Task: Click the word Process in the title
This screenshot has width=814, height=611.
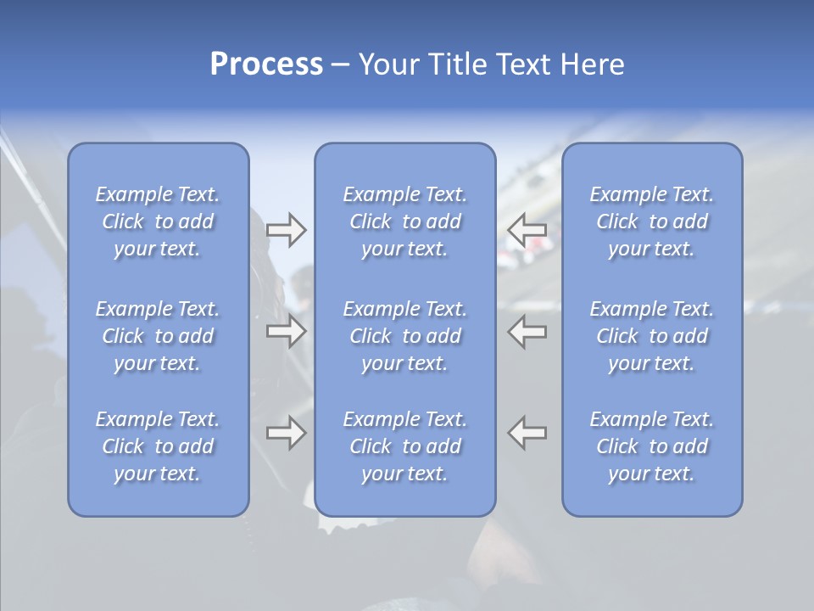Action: click(265, 65)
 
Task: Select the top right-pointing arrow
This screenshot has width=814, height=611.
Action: click(286, 230)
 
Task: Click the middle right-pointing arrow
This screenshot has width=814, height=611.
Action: click(286, 331)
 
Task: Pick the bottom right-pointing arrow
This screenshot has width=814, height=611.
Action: click(286, 433)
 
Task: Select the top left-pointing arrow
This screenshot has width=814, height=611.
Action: click(527, 230)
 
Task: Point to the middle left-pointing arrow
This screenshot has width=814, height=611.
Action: click(527, 331)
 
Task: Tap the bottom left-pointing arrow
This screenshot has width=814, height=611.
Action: click(527, 433)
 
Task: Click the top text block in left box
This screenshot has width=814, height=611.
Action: click(158, 221)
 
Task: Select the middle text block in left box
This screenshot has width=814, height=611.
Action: click(158, 336)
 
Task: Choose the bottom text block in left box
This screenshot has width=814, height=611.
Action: click(158, 446)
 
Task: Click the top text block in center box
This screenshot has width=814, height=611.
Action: click(404, 221)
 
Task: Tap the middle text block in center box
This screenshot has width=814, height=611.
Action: click(404, 336)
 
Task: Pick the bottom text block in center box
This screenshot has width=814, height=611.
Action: click(404, 446)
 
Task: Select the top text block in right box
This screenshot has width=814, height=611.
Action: click(652, 221)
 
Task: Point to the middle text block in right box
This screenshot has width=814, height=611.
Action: click(652, 336)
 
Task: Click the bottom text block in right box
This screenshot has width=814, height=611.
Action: click(652, 446)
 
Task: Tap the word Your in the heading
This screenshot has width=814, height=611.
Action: click(389, 65)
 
